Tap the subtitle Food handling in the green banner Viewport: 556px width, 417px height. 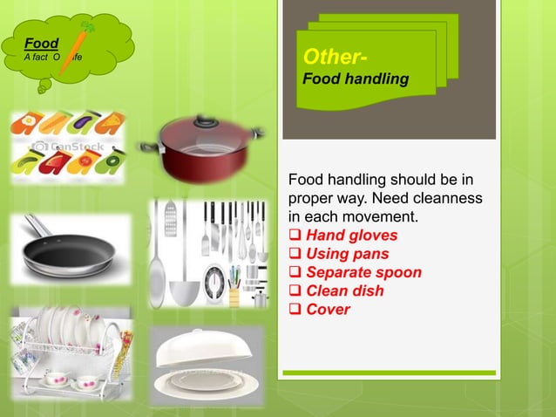pyautogui.click(x=355, y=79)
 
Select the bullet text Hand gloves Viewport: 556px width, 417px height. pyautogui.click(x=351, y=236)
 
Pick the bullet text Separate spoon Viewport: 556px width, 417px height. pyautogui.click(x=363, y=272)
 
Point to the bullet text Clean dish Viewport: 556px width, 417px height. pyautogui.click(x=344, y=291)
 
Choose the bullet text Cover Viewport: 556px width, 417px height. pyautogui.click(x=328, y=309)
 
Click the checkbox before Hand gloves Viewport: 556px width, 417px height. pyautogui.click(x=295, y=236)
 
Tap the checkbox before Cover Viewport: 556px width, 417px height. pyautogui.click(x=295, y=310)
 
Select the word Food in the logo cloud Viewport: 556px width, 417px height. pyautogui.click(x=42, y=43)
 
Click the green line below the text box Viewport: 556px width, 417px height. pyautogui.click(x=387, y=373)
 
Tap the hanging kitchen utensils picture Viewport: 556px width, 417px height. pyautogui.click(x=207, y=254)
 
